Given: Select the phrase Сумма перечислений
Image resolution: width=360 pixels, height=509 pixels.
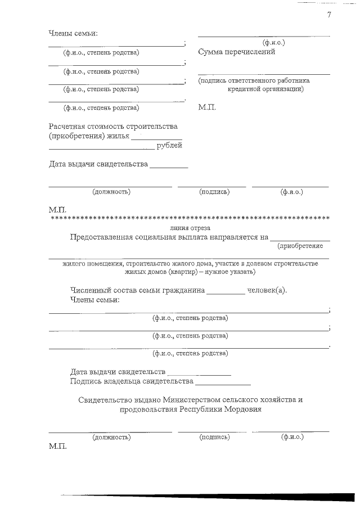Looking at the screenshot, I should (x=236, y=52).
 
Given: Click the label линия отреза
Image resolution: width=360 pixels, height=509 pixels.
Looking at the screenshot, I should (x=190, y=228).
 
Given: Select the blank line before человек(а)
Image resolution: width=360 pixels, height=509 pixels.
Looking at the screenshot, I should (x=226, y=293).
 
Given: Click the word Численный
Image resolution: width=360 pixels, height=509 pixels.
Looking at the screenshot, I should (x=89, y=290).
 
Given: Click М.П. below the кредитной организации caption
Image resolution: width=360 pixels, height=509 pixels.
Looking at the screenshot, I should (x=206, y=107).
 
